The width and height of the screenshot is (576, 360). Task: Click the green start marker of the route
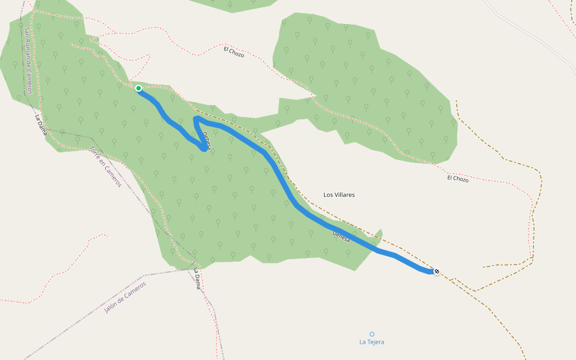139,88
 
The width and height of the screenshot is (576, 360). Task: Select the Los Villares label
339,195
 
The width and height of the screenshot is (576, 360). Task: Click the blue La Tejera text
371,342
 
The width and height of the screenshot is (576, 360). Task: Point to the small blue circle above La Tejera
371,334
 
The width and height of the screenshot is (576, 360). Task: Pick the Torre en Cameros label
105,167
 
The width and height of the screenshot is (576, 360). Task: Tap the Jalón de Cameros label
125,298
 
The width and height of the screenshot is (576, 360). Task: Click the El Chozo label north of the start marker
233,52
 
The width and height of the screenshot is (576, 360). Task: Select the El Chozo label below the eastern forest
457,178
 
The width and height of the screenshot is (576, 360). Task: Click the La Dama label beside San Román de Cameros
41,125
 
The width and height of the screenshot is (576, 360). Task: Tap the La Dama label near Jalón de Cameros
196,279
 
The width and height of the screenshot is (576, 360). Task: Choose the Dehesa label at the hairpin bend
206,140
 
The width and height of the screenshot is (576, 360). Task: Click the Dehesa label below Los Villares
341,236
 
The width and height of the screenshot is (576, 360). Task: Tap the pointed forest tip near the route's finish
380,230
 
